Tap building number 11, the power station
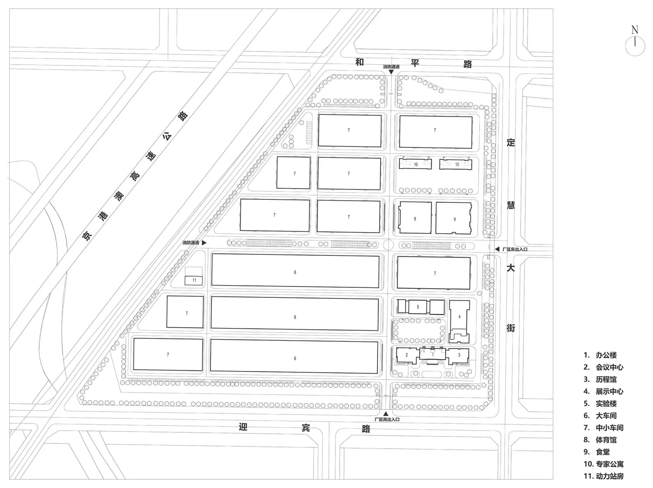point(194,280)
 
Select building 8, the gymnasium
point(415,219)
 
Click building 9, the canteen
point(454,219)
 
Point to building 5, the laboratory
point(418,307)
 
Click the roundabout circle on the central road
point(389,245)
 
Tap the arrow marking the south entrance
point(386,413)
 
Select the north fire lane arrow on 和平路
point(391,72)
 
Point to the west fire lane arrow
point(204,243)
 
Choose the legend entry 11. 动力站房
point(603,476)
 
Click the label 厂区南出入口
point(387,420)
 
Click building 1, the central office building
point(433,355)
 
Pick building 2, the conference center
point(406,355)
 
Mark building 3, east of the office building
point(459,355)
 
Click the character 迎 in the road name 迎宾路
point(243,427)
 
